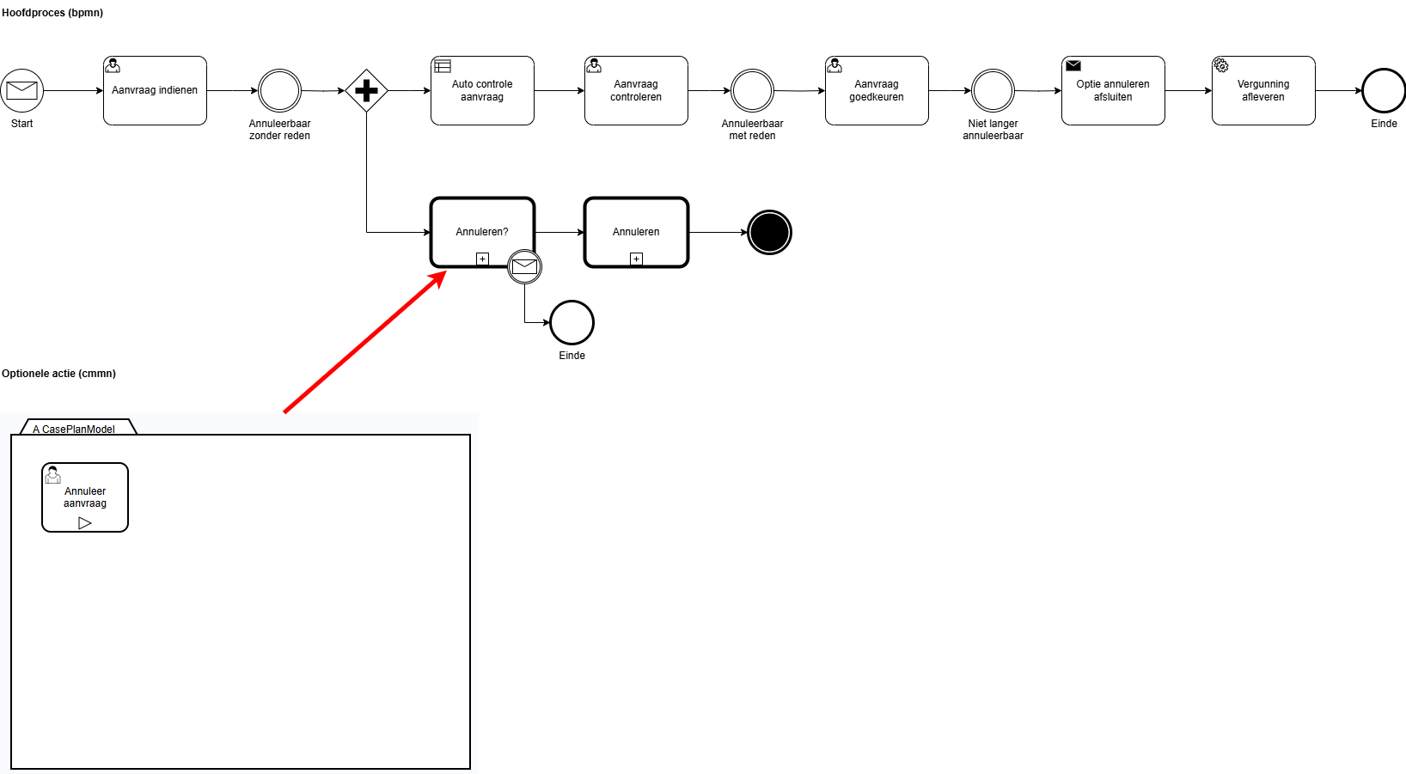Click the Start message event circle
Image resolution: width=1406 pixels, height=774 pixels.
pyautogui.click(x=22, y=90)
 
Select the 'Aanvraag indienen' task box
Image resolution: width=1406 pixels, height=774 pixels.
pyautogui.click(x=155, y=90)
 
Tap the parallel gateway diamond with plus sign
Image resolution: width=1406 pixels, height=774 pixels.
pyautogui.click(x=367, y=90)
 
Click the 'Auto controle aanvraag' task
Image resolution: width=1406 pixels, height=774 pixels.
pyautogui.click(x=482, y=90)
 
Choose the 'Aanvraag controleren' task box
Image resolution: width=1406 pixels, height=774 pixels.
pyautogui.click(x=636, y=90)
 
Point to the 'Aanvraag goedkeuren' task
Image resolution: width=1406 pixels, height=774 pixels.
pyautogui.click(x=877, y=90)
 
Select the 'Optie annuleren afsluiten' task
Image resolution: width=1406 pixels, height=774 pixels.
pyautogui.click(x=1113, y=90)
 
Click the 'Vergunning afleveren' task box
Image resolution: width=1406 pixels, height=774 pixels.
pyautogui.click(x=1263, y=90)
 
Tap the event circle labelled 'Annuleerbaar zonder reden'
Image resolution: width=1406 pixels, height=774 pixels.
pyautogui.click(x=280, y=90)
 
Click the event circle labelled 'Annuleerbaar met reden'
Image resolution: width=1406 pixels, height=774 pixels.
pyautogui.click(x=752, y=90)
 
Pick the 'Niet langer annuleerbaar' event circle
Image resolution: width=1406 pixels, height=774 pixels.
pyautogui.click(x=993, y=90)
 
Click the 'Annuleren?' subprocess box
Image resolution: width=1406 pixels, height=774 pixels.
pyautogui.click(x=483, y=232)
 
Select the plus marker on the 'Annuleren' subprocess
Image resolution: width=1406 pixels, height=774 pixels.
pyautogui.click(x=636, y=259)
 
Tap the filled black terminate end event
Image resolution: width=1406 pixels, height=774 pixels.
pyautogui.click(x=769, y=232)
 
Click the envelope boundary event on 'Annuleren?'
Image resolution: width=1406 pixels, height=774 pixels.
pyautogui.click(x=525, y=266)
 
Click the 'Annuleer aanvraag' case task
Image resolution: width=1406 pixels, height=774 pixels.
pyautogui.click(x=85, y=497)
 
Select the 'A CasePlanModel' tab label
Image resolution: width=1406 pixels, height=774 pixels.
pyautogui.click(x=74, y=429)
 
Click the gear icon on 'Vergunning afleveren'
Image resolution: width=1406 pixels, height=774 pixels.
pyautogui.click(x=1221, y=65)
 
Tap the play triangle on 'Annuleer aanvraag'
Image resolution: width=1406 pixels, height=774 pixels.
pyautogui.click(x=85, y=523)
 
